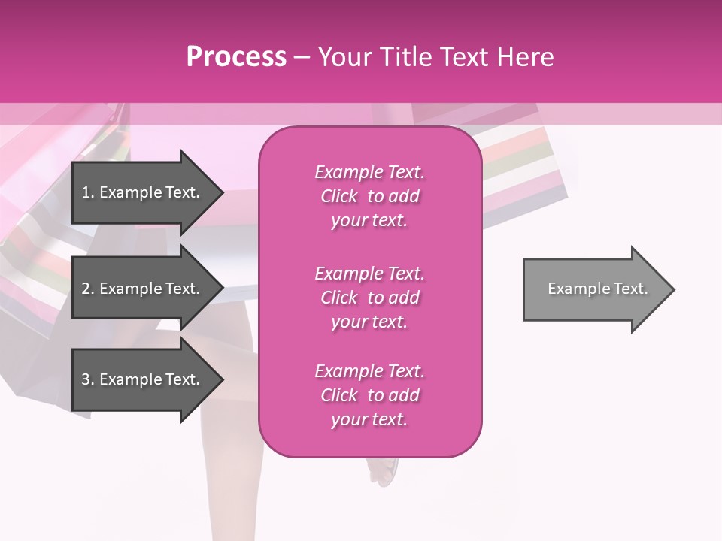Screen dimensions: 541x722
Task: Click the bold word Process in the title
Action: coord(236,57)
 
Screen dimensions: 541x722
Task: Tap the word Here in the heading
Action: coord(523,57)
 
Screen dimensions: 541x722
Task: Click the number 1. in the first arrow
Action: coord(88,192)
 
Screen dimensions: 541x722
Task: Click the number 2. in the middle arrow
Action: coord(88,289)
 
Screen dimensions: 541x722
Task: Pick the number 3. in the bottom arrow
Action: coord(88,379)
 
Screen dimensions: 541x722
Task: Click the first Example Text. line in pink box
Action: coord(369,172)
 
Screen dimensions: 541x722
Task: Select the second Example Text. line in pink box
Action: coord(369,274)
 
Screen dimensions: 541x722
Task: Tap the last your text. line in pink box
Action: coord(369,419)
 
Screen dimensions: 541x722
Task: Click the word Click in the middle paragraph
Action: coord(339,298)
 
